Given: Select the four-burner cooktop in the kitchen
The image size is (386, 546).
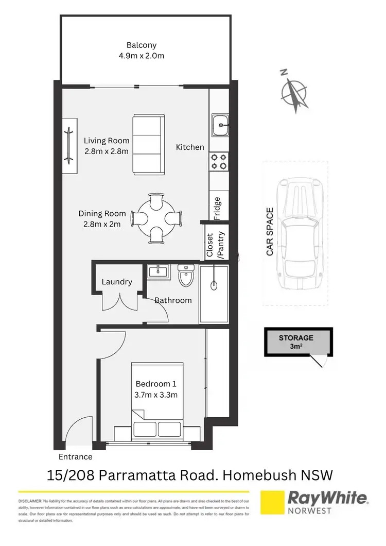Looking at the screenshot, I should coord(220,162).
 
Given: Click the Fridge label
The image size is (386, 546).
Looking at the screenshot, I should coord(217,208).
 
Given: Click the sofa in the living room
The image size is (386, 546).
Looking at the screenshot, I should coord(148,144).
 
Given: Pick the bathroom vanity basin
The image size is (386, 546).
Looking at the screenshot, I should coord(156,271).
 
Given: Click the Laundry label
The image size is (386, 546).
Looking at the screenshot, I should coord(117,282).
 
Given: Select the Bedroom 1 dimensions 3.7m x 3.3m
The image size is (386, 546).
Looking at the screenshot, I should coord(156,395).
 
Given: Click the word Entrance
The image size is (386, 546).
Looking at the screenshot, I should coord(75,456).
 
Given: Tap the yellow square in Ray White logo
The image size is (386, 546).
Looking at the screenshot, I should coord(272,503).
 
